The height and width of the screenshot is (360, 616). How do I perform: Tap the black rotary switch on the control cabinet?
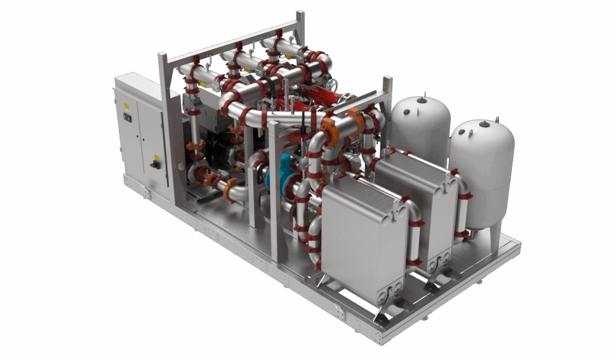pyautogui.click(x=156, y=165)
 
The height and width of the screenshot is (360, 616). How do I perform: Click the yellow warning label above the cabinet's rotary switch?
pyautogui.click(x=156, y=156)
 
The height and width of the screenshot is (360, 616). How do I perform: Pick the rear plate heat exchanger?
pyautogui.click(x=416, y=205)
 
